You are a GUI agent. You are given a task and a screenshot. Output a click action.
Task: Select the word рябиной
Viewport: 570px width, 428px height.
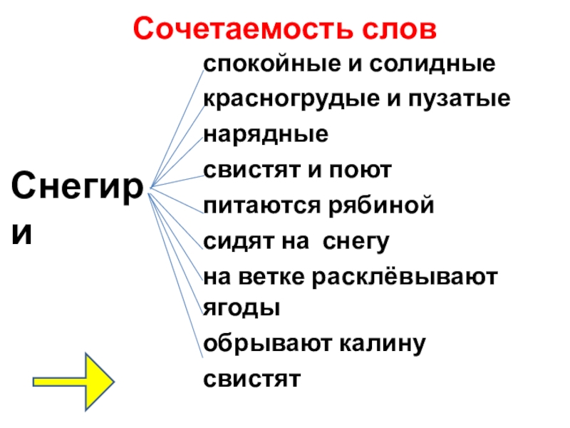pyautogui.click(x=385, y=206)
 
